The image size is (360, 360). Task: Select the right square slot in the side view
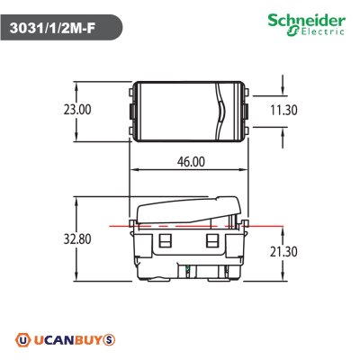tap(212, 243)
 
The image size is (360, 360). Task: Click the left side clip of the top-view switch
tap(131, 110)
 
